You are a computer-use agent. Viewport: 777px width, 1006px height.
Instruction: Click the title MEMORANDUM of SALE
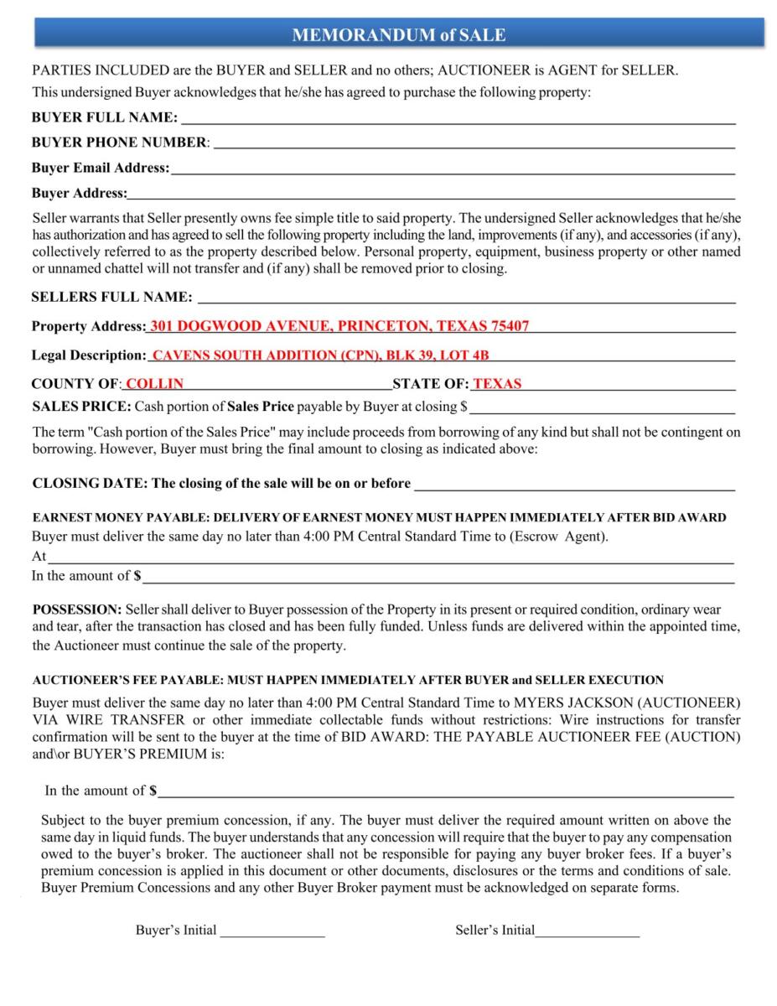tap(398, 34)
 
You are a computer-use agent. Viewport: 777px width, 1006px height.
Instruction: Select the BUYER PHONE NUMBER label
tap(119, 143)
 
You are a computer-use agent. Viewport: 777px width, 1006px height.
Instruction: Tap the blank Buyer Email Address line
tap(452, 169)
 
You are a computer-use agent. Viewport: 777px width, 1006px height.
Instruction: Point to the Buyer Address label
tap(79, 194)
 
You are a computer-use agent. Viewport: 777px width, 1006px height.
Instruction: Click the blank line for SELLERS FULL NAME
tap(466, 298)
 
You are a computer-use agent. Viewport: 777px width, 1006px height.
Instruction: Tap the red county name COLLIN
tap(154, 384)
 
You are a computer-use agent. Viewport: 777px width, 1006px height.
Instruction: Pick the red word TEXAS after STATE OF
tap(497, 384)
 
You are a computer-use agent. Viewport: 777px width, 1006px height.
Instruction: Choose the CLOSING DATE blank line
tap(575, 485)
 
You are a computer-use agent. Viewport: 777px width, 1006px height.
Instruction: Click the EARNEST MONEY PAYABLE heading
tap(379, 518)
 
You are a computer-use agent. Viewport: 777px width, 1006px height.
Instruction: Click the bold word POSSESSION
tap(77, 609)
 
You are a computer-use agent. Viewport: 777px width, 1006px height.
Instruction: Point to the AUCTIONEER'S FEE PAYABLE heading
tap(348, 680)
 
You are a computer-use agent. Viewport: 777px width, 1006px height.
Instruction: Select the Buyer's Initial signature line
tap(272, 931)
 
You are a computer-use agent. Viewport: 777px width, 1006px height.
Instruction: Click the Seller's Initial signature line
tap(588, 931)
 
